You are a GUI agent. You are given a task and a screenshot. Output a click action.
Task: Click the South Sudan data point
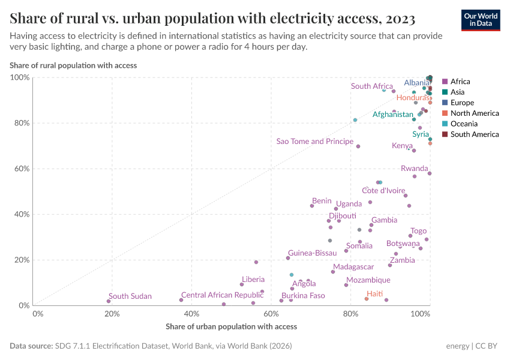coord(109,301)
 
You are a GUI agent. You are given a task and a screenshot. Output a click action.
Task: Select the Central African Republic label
coord(222,295)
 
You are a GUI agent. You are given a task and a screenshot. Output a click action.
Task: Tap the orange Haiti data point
coord(367,299)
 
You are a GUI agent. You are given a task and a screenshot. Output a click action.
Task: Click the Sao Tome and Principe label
coord(314,142)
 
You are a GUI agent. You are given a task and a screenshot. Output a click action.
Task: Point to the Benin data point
coord(312,206)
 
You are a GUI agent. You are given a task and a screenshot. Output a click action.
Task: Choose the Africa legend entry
coord(460,82)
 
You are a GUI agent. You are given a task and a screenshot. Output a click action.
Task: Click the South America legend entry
coord(474,134)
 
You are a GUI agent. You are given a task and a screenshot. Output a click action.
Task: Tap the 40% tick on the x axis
coord(191,314)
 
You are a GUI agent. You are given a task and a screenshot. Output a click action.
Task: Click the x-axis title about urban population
coord(231,327)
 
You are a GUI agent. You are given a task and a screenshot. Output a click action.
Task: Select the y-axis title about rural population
coord(73,65)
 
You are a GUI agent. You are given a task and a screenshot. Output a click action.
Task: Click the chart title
coord(212,18)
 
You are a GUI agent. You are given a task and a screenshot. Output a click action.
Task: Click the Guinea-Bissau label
coord(312,253)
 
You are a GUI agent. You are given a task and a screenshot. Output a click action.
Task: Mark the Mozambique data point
coord(346,285)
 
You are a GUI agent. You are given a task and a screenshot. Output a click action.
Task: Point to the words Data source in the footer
coord(31,346)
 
